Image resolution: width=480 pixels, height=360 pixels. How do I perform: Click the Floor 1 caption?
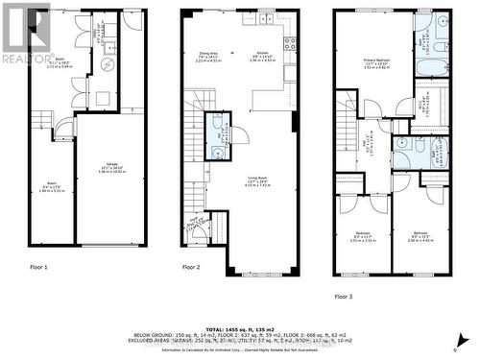coord(38,266)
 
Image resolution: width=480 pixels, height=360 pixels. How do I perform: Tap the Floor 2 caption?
coord(191,266)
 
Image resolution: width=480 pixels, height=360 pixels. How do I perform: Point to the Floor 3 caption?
coord(344,297)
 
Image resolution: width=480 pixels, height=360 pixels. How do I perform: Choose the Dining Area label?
coord(209,55)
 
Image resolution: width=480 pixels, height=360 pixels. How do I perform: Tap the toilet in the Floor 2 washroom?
coord(218,151)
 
